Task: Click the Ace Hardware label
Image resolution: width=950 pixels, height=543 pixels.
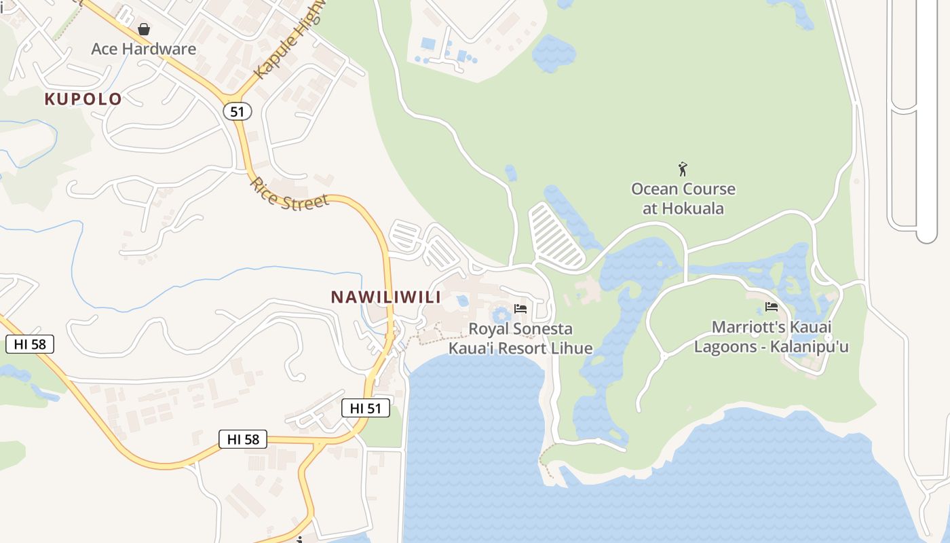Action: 143,49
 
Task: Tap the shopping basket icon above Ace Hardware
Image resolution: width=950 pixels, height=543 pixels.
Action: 144,29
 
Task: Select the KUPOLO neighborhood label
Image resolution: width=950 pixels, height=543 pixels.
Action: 83,99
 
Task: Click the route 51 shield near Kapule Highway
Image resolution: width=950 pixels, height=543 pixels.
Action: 236,111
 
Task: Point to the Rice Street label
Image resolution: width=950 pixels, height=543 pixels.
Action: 290,193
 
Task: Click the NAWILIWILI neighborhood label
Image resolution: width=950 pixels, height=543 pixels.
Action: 386,297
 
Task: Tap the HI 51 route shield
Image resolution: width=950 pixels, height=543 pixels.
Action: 365,408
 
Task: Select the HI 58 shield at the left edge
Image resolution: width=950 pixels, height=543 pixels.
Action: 29,344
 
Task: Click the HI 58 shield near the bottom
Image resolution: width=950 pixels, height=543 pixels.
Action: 243,439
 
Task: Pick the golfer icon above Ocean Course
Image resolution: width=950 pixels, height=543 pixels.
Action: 683,169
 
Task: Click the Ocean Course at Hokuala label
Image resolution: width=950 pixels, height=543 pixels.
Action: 683,198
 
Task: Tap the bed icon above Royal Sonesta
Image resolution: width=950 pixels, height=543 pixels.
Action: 520,309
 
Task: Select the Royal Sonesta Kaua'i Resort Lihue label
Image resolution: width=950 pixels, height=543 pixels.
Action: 520,339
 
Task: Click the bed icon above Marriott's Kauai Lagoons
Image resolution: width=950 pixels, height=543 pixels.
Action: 771,307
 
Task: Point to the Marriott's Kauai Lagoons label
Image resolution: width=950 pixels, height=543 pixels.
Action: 771,337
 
